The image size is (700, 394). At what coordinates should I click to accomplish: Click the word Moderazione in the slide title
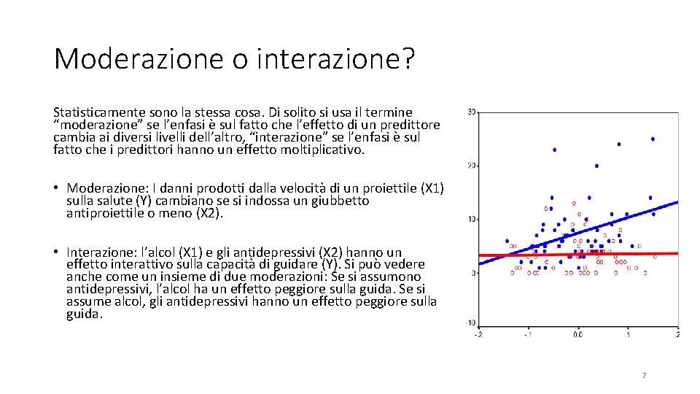pos(139,59)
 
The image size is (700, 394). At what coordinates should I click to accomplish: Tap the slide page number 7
pos(644,376)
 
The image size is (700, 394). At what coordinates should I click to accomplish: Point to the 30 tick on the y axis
pos(472,112)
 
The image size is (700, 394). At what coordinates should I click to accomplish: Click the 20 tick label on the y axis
pos(472,166)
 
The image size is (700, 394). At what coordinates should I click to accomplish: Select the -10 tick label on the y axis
pos(470,323)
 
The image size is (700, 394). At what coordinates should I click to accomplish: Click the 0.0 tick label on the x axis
pos(577,335)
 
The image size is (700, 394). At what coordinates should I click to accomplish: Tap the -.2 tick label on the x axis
pos(478,335)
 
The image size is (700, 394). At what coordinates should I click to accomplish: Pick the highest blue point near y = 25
pos(653,139)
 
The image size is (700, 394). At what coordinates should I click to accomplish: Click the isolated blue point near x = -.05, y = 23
pos(554,150)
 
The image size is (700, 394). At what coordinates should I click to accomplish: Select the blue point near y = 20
pos(596,166)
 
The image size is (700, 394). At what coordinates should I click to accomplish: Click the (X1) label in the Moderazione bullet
pos(432,188)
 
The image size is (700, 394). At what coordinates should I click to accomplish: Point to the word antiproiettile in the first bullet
pos(101,213)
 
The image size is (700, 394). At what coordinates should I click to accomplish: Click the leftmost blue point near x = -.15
pos(507,241)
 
